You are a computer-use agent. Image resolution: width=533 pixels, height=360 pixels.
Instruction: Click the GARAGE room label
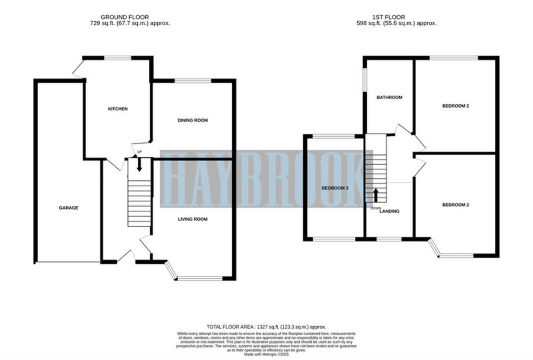68,208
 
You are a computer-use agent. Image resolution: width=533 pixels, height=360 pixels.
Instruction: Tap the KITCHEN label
118,109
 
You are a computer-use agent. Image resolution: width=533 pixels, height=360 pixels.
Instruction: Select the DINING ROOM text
193,120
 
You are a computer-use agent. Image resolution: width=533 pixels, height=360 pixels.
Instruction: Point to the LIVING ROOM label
193,219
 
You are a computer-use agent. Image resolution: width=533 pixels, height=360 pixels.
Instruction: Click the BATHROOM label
389,98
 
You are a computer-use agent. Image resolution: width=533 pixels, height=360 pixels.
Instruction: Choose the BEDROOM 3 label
335,188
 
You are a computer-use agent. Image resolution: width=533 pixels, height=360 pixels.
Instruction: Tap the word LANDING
390,211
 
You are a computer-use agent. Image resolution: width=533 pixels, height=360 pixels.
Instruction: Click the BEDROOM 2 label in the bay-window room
455,205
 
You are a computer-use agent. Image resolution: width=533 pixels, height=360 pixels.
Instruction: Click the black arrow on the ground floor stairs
139,165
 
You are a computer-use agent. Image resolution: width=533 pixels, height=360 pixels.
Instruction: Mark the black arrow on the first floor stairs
376,194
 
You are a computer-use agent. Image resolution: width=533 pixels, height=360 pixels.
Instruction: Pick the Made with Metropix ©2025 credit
266,355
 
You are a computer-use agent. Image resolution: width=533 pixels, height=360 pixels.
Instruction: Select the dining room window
193,81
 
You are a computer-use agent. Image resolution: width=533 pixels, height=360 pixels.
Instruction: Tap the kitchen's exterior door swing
78,69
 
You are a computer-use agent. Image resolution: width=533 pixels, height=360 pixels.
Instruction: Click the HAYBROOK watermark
266,179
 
